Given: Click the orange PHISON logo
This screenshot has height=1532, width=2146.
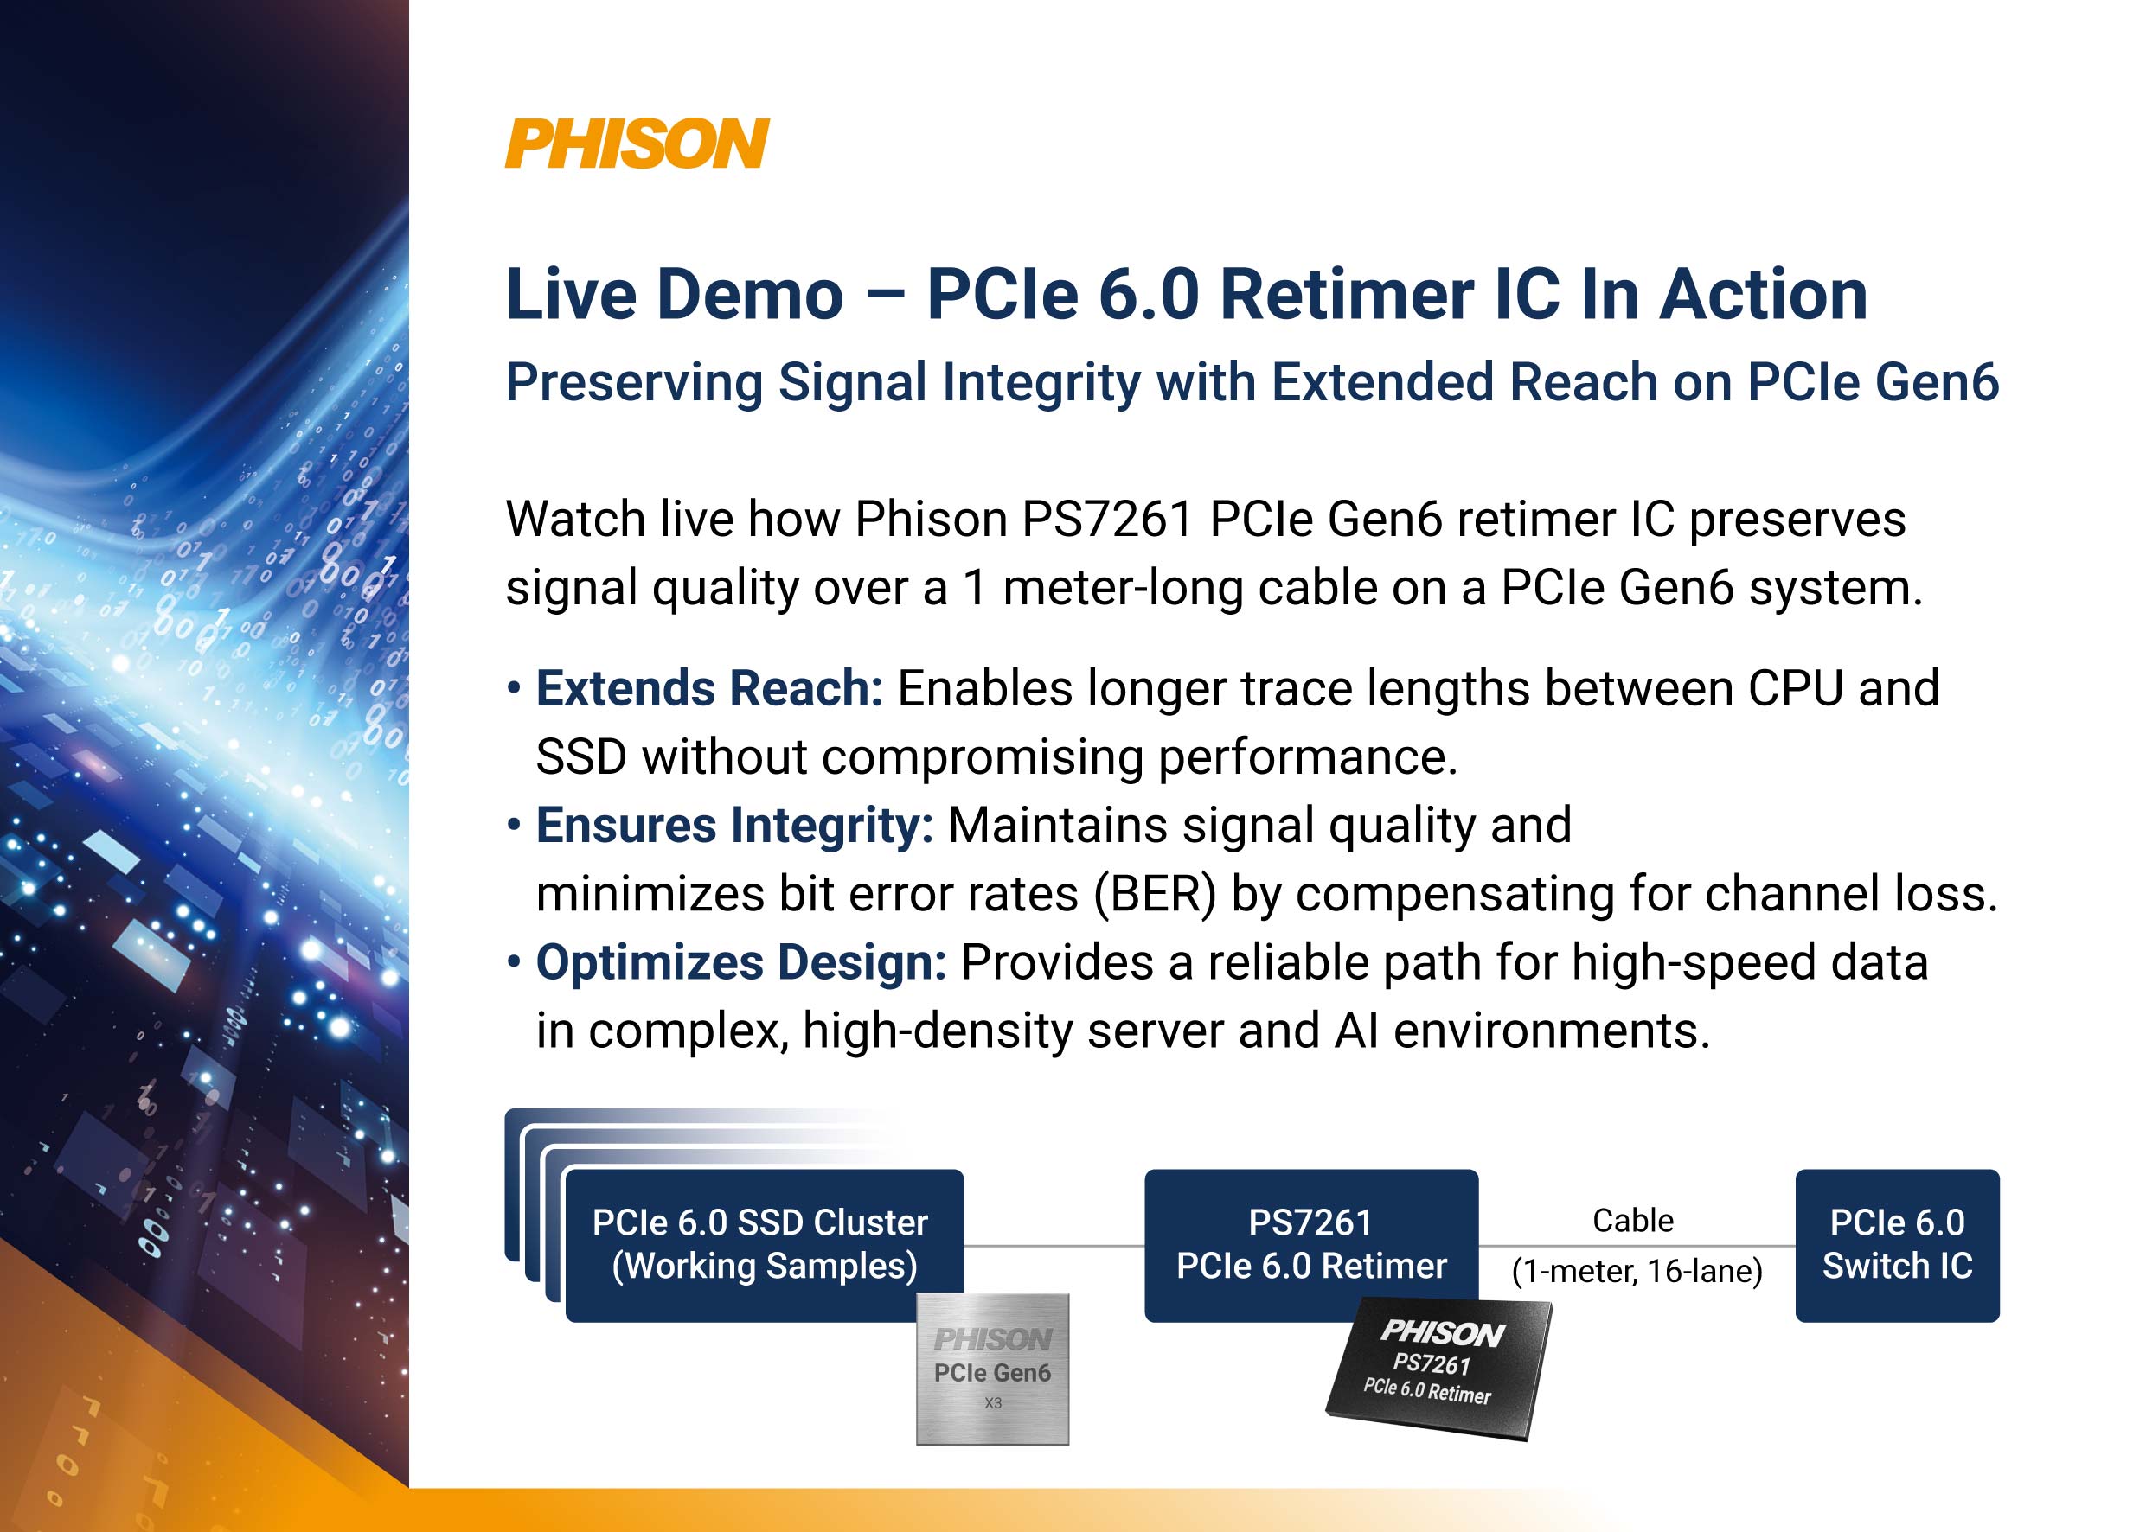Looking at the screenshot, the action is [x=637, y=144].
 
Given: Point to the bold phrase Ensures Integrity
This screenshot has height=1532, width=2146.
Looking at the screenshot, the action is [x=734, y=826].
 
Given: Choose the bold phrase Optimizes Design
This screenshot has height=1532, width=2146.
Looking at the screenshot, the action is [x=740, y=963].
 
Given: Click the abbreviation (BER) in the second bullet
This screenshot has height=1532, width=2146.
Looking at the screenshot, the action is [x=1155, y=894].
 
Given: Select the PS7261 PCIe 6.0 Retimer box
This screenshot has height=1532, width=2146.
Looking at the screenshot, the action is [x=1310, y=1244].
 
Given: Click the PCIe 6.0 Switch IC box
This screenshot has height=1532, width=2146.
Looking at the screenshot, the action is [x=1897, y=1244].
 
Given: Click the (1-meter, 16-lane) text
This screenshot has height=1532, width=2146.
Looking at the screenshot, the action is [x=1637, y=1272].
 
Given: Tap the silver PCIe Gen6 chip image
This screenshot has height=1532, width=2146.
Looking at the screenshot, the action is [x=993, y=1369].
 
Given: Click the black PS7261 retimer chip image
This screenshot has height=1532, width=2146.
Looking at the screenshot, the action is [x=1439, y=1368].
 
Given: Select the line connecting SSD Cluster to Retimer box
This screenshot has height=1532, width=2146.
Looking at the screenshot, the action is [x=1054, y=1245].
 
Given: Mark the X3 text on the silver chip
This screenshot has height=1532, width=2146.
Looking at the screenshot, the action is [x=993, y=1403].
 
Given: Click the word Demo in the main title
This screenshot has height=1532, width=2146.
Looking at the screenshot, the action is [x=749, y=294].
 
